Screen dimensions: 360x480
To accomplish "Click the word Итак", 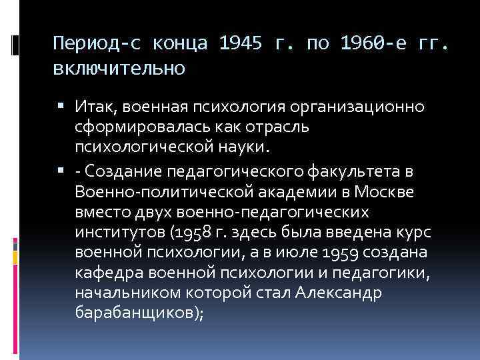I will pos(93,108).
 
